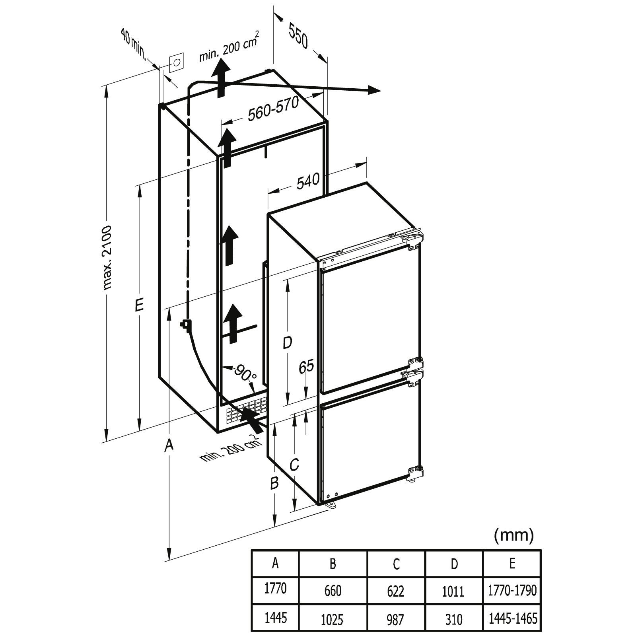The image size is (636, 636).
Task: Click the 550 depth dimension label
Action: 299,36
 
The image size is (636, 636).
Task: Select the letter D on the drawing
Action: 287,342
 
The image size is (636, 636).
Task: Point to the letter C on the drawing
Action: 294,464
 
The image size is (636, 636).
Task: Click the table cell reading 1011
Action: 453,591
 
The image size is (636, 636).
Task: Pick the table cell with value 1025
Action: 333,619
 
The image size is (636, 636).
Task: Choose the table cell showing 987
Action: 395,619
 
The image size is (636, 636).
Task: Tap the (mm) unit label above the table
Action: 513,535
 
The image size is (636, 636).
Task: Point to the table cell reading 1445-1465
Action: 512,618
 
